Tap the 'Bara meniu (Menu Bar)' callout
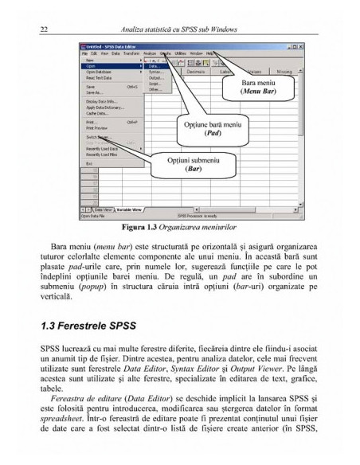(260, 87)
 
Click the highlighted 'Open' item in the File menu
(93, 65)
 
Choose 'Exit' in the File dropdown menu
(89, 162)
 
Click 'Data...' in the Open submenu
(155, 65)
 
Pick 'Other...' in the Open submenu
(155, 89)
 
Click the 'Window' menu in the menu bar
(195, 53)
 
